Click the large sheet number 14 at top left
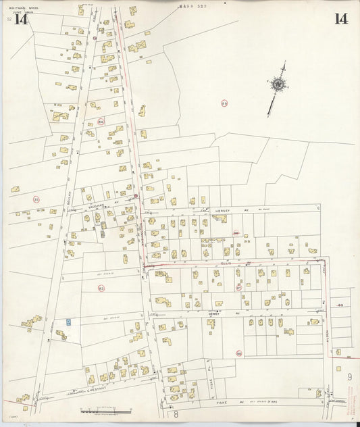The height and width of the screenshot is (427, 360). tap(20, 20)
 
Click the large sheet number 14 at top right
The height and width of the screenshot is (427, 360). tap(340, 19)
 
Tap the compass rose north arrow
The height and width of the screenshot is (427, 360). tap(277, 85)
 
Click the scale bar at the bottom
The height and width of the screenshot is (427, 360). tap(105, 410)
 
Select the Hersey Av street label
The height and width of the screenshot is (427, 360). tap(223, 211)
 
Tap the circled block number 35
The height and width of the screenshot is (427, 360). tap(36, 199)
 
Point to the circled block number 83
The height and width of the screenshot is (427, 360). tap(101, 288)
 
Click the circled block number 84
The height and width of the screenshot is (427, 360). tap(101, 122)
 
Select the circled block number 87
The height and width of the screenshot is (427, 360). tap(238, 287)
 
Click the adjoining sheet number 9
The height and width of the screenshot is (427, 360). tap(349, 376)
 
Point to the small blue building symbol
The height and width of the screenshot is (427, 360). tap(69, 323)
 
